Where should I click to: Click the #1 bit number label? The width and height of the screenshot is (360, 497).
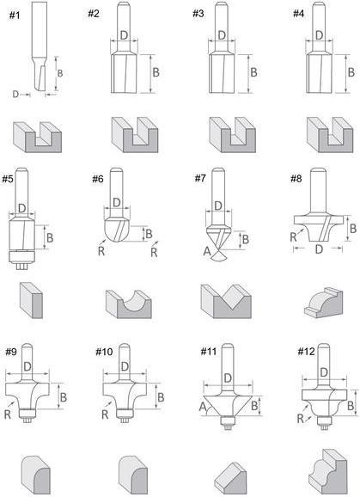tap(15, 15)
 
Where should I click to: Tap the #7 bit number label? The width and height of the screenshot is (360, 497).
tap(200, 179)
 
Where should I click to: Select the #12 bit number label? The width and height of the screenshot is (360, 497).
tap(306, 351)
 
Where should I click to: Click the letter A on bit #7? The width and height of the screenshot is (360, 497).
tap(207, 251)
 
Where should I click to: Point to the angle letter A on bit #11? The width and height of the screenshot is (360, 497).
tap(203, 407)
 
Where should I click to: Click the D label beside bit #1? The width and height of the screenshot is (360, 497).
tap(15, 94)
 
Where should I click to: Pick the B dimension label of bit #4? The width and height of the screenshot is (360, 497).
tap(351, 72)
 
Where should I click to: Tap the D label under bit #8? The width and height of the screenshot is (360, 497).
tap(319, 249)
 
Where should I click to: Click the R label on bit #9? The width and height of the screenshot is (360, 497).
tap(8, 414)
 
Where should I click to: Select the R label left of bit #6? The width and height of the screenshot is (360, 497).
tap(101, 251)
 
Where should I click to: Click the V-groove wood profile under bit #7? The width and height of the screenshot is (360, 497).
tap(226, 301)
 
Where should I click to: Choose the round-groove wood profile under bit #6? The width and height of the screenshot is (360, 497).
tap(129, 304)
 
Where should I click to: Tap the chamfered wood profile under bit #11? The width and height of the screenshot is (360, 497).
tap(230, 479)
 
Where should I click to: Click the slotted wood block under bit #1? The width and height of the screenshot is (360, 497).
tap(37, 138)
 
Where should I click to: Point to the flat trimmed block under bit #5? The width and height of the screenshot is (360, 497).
tap(31, 300)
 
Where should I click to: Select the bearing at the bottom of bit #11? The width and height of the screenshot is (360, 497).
tap(228, 420)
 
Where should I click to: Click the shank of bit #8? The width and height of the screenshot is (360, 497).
tap(318, 192)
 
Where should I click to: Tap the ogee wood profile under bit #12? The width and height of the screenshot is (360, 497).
tap(327, 472)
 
